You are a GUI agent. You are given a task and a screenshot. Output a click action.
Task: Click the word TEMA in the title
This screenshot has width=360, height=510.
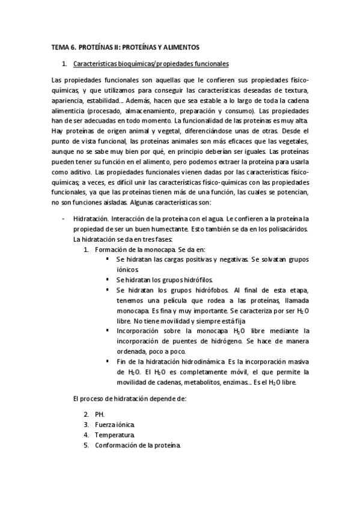click(x=60, y=46)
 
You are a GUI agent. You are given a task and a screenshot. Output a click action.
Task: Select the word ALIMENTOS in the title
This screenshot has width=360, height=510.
click(x=182, y=46)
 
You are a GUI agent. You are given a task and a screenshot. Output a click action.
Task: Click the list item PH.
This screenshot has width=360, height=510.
click(x=99, y=414)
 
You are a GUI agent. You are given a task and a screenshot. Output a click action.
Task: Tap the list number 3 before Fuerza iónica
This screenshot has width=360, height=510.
click(x=87, y=425)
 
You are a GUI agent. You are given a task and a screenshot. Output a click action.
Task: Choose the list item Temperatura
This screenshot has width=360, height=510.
click(x=115, y=435)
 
